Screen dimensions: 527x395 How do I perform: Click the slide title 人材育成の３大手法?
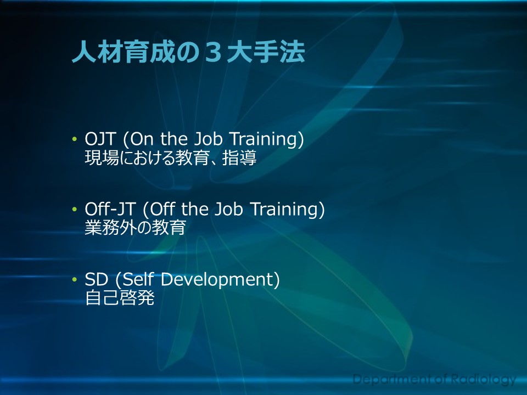[x=188, y=52]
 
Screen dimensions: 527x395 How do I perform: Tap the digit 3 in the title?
[x=213, y=53]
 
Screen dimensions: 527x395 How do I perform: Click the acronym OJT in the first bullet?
[x=100, y=139]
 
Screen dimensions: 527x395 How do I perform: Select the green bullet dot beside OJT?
[x=74, y=139]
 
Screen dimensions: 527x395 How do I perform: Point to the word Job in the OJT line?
[x=209, y=139]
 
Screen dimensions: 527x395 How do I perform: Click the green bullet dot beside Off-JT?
[x=74, y=209]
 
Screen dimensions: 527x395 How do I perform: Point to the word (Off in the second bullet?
[x=160, y=209]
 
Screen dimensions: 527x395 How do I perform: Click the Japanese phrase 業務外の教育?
[x=135, y=227]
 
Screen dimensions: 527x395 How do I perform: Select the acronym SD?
[x=97, y=279]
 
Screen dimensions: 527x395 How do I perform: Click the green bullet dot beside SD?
[x=74, y=279]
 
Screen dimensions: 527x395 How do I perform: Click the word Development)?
[x=220, y=280]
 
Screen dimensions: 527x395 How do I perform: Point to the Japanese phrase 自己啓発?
[x=120, y=297]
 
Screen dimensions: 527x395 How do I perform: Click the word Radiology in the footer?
[x=483, y=380]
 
